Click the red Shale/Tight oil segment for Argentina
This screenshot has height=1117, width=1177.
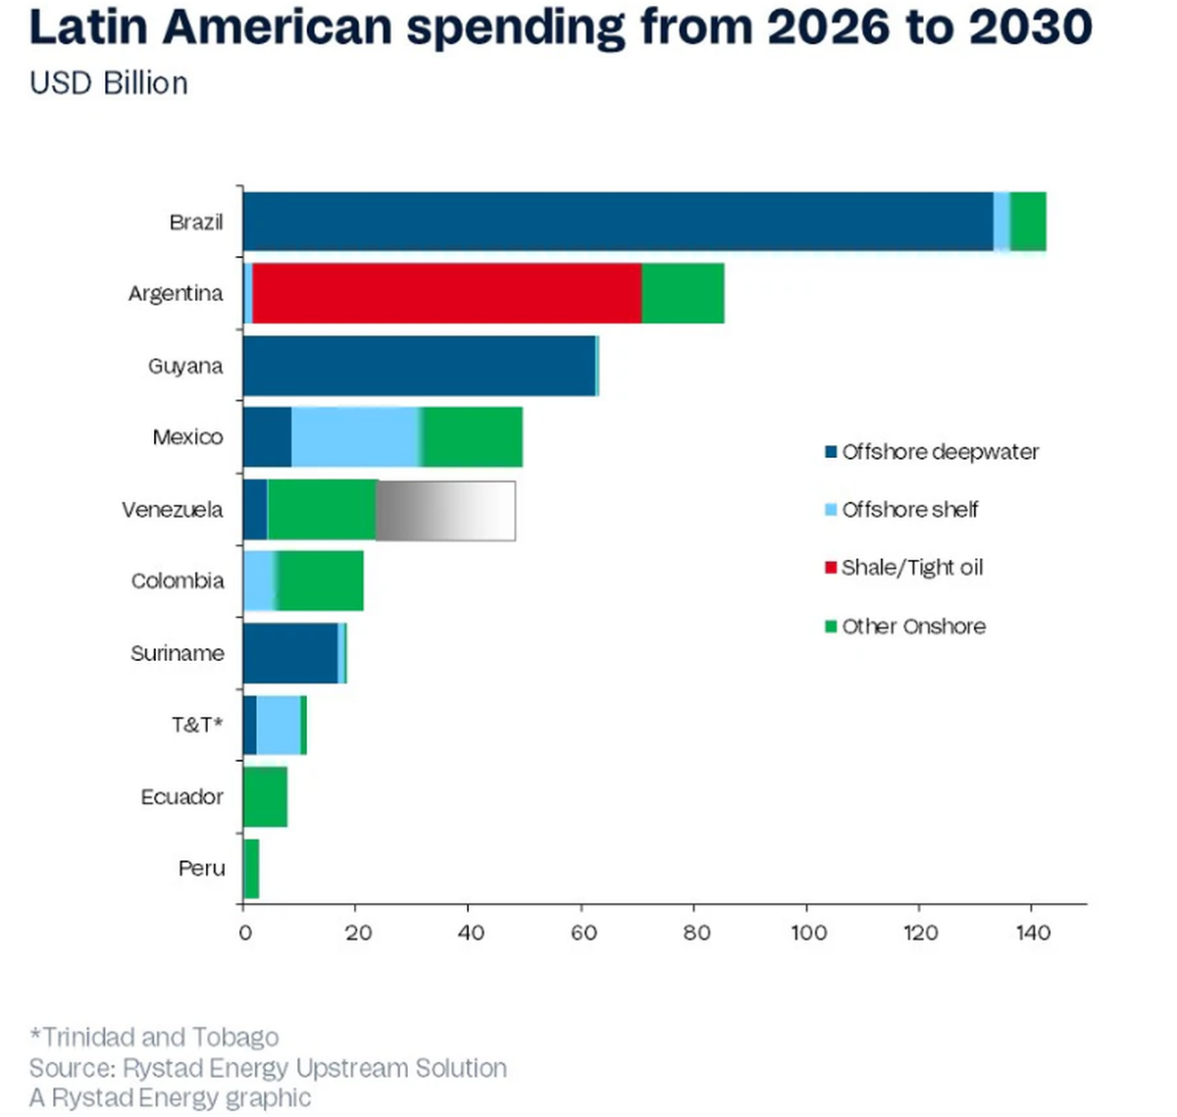click(x=447, y=293)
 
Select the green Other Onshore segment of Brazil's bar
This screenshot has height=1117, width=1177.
click(x=1028, y=222)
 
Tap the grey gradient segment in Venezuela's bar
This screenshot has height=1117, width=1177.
click(x=445, y=510)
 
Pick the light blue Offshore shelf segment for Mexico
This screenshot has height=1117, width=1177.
click(x=356, y=437)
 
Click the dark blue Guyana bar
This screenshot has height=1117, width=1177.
click(x=419, y=366)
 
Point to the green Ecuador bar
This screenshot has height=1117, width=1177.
click(x=265, y=797)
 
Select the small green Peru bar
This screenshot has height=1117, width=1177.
click(x=251, y=869)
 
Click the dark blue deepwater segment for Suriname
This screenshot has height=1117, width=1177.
click(x=290, y=653)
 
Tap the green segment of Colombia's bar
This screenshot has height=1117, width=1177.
click(x=321, y=582)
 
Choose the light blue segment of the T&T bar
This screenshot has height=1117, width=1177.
click(x=279, y=726)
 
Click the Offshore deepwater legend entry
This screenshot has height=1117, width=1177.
click(x=931, y=452)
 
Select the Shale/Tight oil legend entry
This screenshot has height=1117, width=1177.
click(x=903, y=568)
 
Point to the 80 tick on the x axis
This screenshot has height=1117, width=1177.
click(x=695, y=932)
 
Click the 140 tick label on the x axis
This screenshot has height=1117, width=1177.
click(x=1033, y=932)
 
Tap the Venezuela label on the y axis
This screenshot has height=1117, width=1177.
click(x=173, y=510)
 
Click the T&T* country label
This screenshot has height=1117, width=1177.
click(x=197, y=726)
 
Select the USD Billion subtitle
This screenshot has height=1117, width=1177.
click(x=109, y=83)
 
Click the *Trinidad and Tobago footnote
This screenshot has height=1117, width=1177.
click(x=154, y=1037)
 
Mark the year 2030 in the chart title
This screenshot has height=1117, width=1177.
click(x=1030, y=27)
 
